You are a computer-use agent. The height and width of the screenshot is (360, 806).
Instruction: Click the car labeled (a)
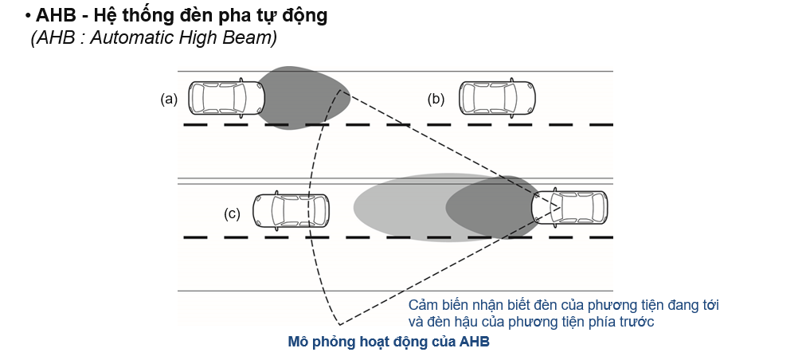pos(227,96)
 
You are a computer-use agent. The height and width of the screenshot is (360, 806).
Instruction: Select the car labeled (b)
pos(497,96)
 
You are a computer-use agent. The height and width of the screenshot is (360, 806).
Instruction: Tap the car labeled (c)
pos(291,211)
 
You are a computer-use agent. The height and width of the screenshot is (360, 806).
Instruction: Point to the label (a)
pos(169,99)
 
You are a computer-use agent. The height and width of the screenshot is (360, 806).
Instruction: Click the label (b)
pos(436,99)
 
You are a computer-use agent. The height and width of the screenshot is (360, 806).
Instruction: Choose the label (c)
pos(232,213)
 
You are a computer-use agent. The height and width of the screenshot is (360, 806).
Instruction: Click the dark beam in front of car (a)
pos(303,98)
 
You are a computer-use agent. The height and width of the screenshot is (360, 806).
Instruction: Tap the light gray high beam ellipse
pos(443,207)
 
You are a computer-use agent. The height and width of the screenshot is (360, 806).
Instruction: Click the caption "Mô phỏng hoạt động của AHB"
pos(389,342)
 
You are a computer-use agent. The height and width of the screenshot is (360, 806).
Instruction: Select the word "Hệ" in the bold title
pos(105,16)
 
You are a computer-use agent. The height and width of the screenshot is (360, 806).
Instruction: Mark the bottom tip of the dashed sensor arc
pos(340,324)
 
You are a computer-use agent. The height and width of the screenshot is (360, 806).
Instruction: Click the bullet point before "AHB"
pos(28,17)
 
